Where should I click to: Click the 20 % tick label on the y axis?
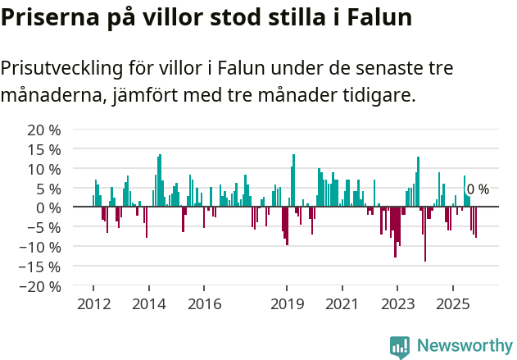click(44, 130)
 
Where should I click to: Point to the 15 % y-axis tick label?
click(44, 149)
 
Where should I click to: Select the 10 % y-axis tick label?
click(44, 169)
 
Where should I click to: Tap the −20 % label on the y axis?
click(41, 286)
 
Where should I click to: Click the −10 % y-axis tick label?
click(41, 247)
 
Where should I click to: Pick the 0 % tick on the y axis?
click(48, 207)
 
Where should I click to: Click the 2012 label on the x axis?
click(93, 304)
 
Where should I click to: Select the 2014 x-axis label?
click(148, 304)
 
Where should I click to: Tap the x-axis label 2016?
click(204, 304)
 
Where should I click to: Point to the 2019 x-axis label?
click(287, 304)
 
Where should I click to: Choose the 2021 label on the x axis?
click(342, 304)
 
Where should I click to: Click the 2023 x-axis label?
click(397, 304)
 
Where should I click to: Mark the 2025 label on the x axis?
click(453, 304)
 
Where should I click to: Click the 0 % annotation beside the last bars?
click(478, 189)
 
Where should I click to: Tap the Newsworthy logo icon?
click(400, 346)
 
